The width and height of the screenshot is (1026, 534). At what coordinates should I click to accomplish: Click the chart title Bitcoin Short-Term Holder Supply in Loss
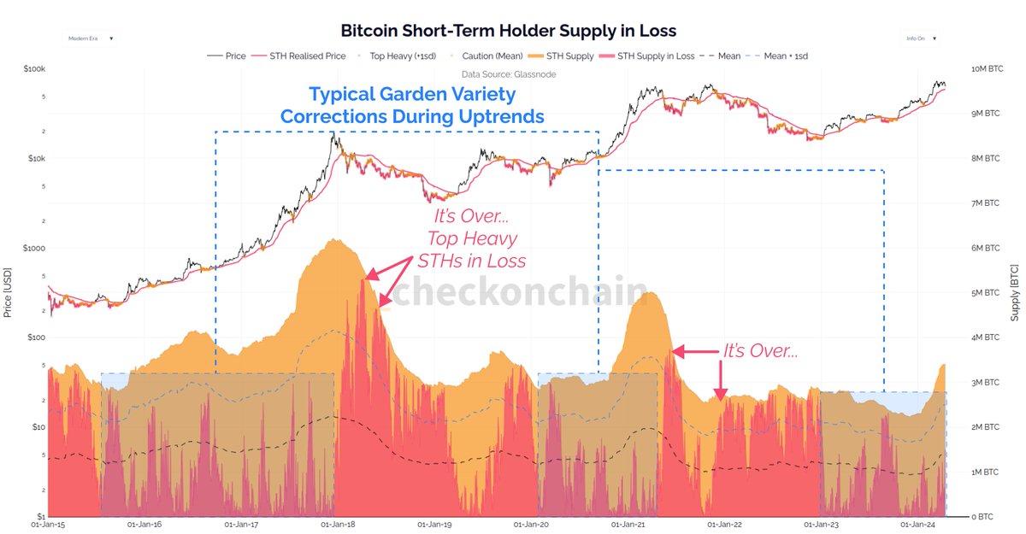pyautogui.click(x=508, y=31)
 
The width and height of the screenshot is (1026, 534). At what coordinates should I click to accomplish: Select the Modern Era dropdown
pyautogui.click(x=91, y=38)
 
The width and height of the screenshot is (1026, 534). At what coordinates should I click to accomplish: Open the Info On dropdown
pyautogui.click(x=922, y=38)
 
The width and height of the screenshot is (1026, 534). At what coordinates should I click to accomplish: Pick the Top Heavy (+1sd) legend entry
pyautogui.click(x=402, y=56)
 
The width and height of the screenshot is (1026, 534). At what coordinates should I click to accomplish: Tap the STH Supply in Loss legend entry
pyautogui.click(x=655, y=56)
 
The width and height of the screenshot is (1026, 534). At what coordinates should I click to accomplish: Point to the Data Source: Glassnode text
pyautogui.click(x=508, y=74)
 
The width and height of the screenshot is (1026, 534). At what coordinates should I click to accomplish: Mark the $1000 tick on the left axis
pyautogui.click(x=32, y=248)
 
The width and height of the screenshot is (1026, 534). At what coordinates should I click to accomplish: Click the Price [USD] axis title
pyautogui.click(x=8, y=290)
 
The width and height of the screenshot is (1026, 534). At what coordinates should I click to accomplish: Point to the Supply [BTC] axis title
pyautogui.click(x=1017, y=290)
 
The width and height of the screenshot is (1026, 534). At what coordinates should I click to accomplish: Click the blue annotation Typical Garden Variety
pyautogui.click(x=413, y=94)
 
